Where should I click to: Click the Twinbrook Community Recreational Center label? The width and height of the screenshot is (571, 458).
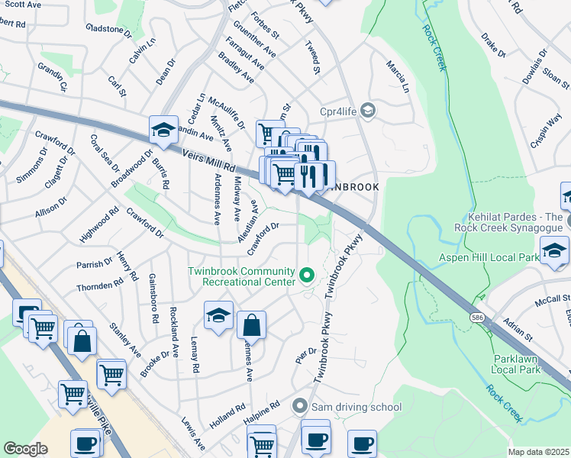(x=243, y=276)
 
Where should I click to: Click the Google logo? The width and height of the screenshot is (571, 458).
(x=25, y=449)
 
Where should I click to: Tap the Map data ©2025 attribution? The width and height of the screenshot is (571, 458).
(x=538, y=452)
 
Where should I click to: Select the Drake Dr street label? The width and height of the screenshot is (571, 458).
(x=494, y=45)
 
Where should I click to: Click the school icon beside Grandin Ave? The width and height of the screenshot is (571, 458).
(x=163, y=131)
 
